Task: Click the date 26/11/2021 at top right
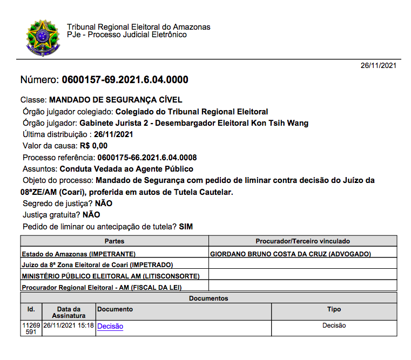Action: (379, 65)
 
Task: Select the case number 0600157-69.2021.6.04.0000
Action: (125, 80)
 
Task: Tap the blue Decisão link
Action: (110, 326)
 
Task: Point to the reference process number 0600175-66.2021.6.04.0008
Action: (147, 158)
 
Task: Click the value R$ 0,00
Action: (93, 146)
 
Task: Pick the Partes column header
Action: (114, 241)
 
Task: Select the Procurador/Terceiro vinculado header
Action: (302, 241)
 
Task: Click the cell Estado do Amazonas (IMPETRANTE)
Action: (79, 254)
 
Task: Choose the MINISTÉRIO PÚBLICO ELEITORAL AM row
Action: (111, 276)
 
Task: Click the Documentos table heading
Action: (208, 298)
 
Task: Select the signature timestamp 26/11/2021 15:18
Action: (69, 325)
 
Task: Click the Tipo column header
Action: (334, 309)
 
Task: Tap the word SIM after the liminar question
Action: (186, 227)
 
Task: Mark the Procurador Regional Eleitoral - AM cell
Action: (102, 287)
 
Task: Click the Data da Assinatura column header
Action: (69, 312)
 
